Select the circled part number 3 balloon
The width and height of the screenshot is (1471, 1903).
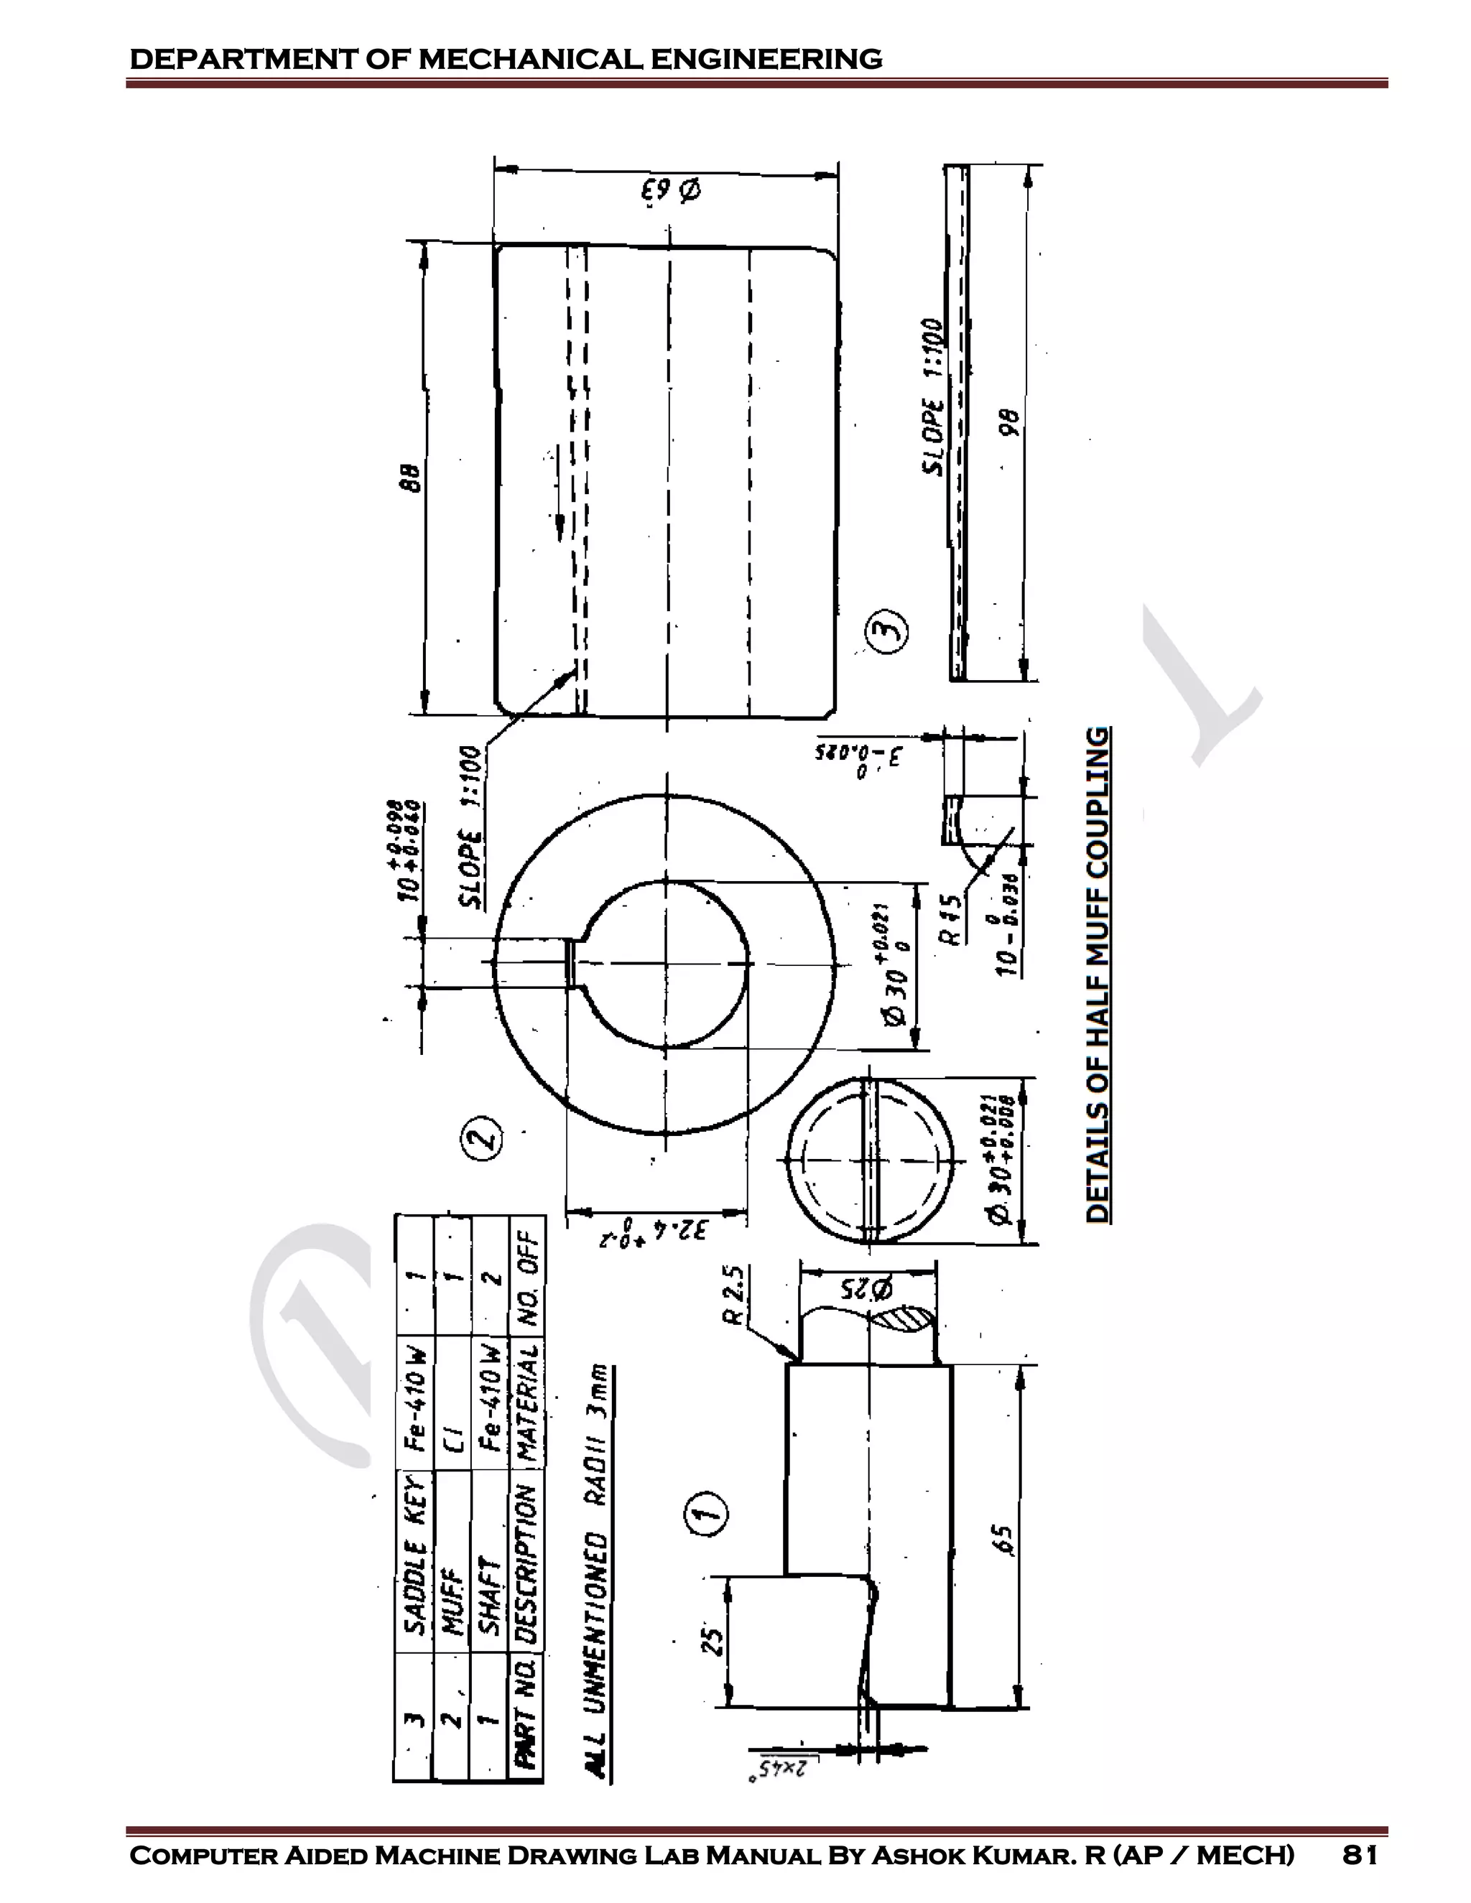pyautogui.click(x=888, y=633)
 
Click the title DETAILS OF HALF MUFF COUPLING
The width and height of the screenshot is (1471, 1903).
pyautogui.click(x=1098, y=974)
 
